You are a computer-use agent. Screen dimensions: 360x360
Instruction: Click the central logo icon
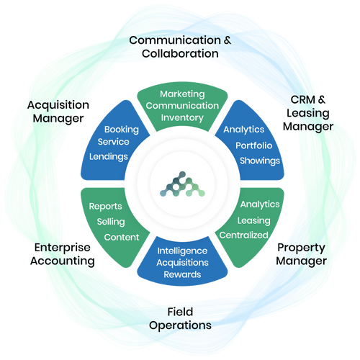182,184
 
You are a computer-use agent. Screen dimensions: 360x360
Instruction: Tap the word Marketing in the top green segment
182,94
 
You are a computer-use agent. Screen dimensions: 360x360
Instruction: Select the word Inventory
182,117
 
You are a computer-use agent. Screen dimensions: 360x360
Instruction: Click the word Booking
122,130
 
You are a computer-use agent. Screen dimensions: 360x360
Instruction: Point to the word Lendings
109,156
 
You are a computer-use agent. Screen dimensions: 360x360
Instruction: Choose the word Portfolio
253,145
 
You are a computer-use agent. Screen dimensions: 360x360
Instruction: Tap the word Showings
260,161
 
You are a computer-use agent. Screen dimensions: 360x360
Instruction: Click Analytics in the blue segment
244,130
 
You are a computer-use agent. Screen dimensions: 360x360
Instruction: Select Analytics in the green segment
260,204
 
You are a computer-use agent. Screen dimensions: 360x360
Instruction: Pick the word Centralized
243,235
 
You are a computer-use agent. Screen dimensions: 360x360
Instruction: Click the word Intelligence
182,251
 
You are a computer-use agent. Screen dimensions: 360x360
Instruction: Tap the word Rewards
182,274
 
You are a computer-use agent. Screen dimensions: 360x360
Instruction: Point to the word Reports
105,207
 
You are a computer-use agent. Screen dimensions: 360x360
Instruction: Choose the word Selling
111,222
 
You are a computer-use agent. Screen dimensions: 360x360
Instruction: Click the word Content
122,237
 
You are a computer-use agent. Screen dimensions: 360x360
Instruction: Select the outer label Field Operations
180,319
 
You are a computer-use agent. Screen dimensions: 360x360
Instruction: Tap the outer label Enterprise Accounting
63,254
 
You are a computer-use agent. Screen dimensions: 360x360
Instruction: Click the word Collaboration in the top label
180,53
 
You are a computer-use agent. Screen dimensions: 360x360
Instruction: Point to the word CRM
303,99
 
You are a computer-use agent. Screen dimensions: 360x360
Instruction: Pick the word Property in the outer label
302,248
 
